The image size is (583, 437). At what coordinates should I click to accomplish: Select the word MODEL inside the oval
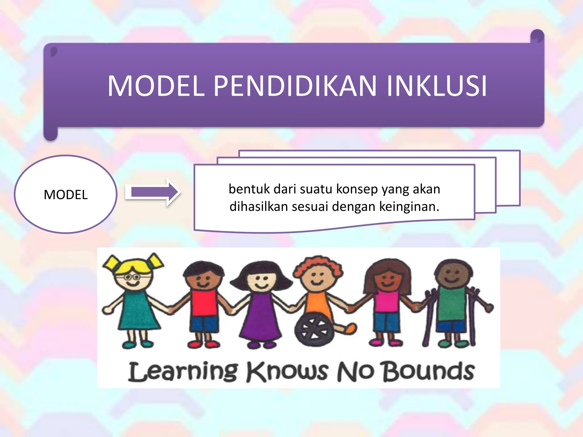tap(66, 195)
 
